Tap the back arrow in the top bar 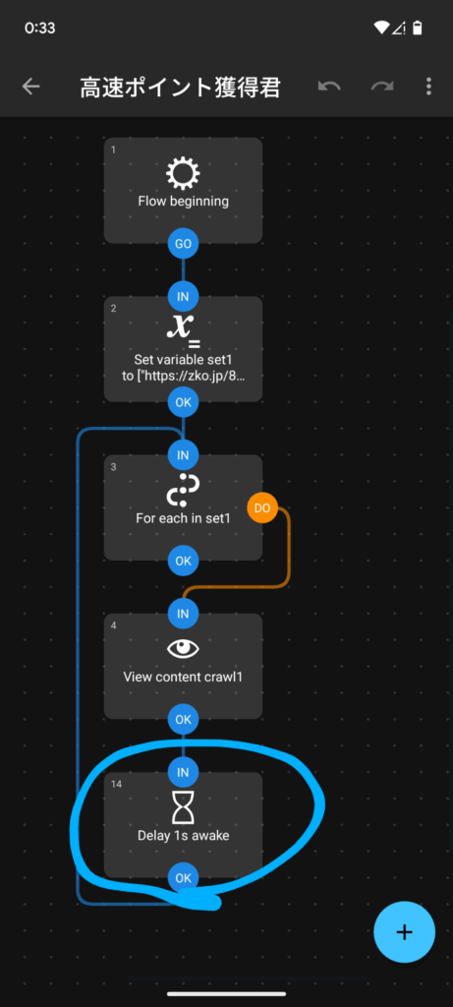[x=30, y=87]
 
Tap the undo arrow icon [x=329, y=87]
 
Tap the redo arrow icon [x=382, y=87]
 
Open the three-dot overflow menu [x=428, y=87]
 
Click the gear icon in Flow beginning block [x=183, y=173]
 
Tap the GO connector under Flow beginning [x=183, y=244]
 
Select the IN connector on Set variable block [x=183, y=297]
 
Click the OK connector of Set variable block [x=183, y=402]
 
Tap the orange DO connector [x=261, y=508]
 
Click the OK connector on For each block [x=183, y=561]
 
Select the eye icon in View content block [x=183, y=649]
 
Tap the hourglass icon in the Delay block [x=183, y=806]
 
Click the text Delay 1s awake [x=184, y=836]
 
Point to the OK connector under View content [x=183, y=719]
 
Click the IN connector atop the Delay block [x=183, y=772]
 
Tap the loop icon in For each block [x=183, y=491]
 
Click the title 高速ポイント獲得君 [x=180, y=87]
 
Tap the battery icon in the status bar [x=418, y=28]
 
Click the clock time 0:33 [x=39, y=29]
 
